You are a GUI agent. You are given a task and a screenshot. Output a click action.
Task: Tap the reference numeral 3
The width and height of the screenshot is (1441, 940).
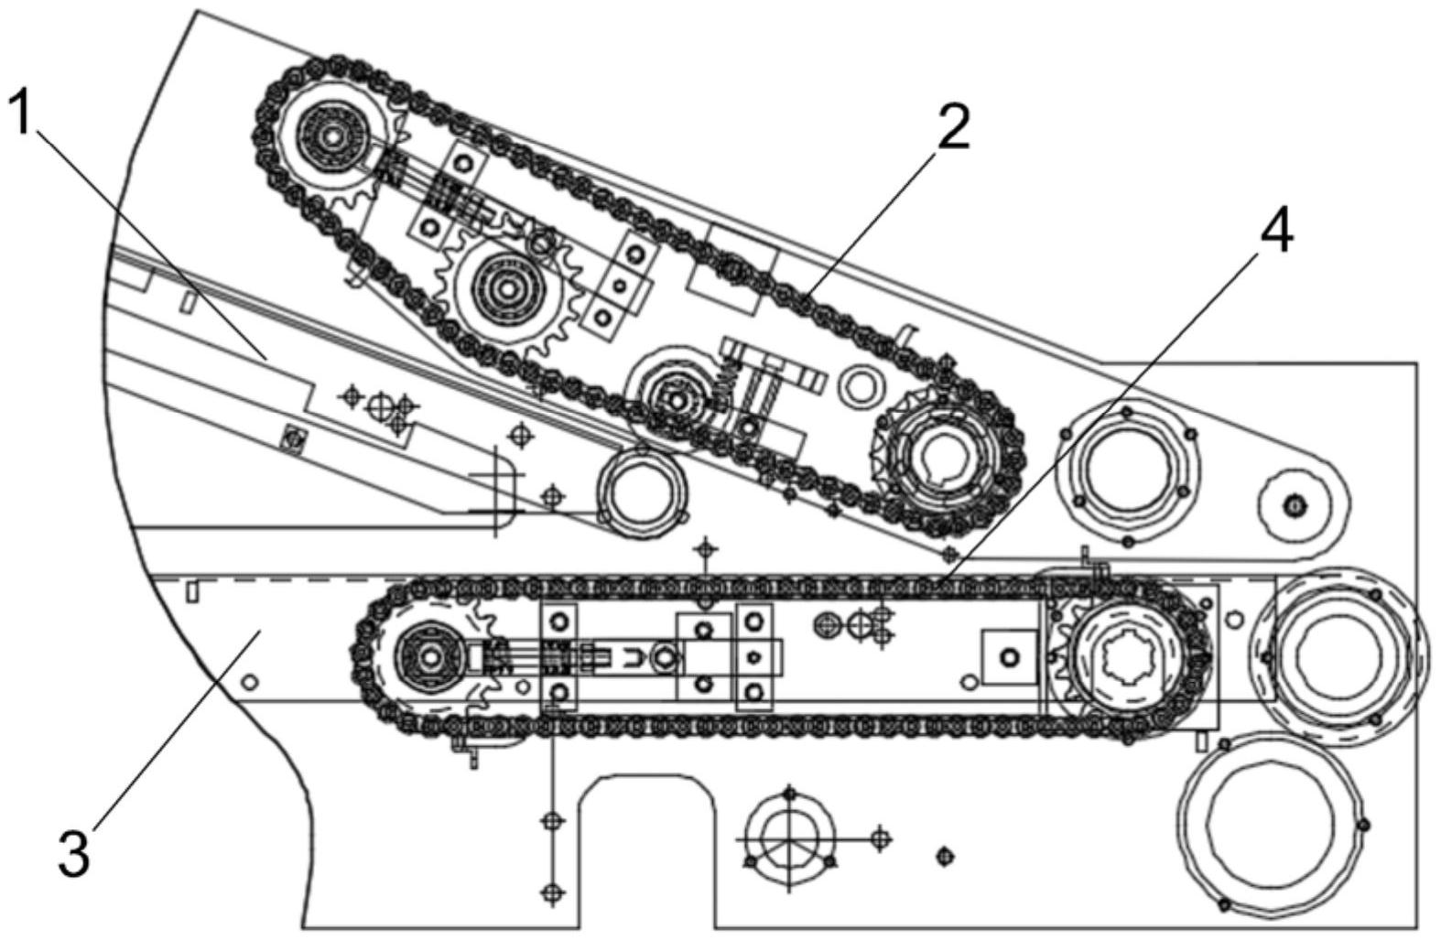73,851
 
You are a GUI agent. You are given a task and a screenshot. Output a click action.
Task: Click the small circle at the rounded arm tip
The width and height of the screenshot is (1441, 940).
1294,504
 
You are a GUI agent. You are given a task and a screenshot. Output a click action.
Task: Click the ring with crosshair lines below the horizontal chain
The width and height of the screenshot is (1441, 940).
788,836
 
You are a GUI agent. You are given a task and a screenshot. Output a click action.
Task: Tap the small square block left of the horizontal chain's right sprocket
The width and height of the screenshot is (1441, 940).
1008,656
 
